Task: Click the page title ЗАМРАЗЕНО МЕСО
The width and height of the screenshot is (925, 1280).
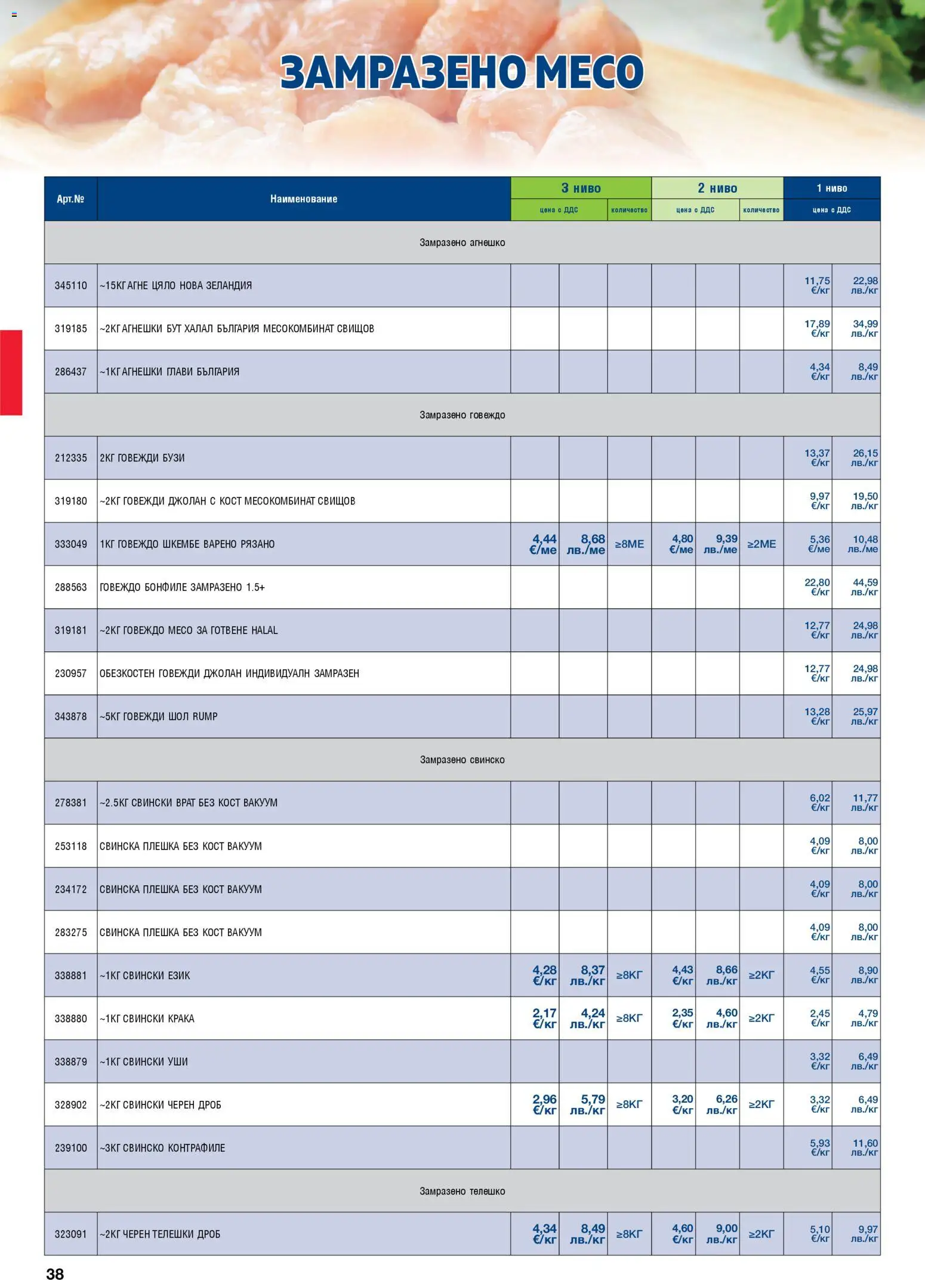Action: point(462,72)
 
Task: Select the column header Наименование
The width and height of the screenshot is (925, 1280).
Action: point(303,199)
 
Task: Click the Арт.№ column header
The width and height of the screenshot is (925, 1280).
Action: point(70,199)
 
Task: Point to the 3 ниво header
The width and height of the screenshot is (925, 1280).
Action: point(581,188)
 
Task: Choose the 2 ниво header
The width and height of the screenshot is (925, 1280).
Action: point(717,188)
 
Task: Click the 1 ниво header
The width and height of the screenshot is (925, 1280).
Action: point(831,188)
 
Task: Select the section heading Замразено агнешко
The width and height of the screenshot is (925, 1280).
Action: point(462,242)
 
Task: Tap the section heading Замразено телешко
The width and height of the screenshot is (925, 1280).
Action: point(462,1191)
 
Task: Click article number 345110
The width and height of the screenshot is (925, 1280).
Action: point(70,285)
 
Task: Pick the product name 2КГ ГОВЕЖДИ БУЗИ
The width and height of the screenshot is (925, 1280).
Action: point(142,458)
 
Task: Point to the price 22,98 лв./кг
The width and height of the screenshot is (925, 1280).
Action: point(865,285)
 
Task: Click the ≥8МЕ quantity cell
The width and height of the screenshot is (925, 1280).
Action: point(630,544)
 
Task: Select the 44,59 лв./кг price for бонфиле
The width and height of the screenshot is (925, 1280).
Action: point(865,587)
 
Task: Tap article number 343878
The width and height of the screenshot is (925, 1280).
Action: point(70,716)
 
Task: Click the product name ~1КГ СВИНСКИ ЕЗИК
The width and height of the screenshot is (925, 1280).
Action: point(145,976)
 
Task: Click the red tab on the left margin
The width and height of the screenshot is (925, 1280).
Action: point(11,372)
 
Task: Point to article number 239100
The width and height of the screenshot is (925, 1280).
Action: point(70,1147)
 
